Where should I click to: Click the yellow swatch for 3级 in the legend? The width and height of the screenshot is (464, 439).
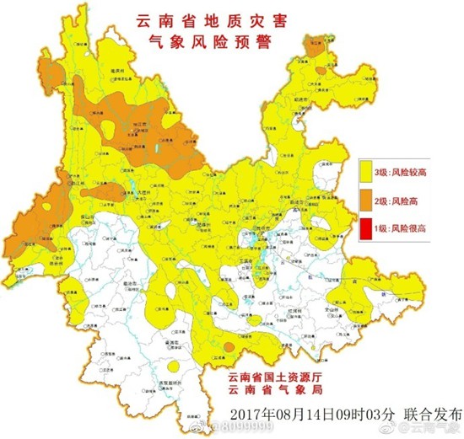click(x=368, y=172)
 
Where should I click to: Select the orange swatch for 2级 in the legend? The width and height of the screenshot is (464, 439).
click(x=368, y=201)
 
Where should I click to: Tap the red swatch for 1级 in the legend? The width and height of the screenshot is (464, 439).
click(x=368, y=228)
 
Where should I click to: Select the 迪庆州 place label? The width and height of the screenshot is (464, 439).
click(x=105, y=74)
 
